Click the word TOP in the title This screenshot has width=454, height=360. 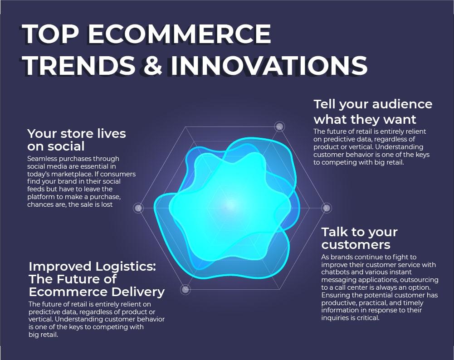click(50, 34)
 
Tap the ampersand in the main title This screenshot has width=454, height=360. click(152, 65)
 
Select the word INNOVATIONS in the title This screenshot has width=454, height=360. click(268, 65)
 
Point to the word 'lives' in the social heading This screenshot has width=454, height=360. click(112, 134)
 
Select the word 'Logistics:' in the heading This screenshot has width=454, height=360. click(125, 267)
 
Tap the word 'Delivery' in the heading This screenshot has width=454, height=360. click(138, 292)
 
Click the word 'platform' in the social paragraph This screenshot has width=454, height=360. click(40, 197)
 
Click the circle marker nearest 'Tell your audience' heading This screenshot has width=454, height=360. click(279, 126)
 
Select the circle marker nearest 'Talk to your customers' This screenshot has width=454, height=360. click(326, 208)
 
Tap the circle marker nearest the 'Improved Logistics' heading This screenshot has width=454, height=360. click(186, 289)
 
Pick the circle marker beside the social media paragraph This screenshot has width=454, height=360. click(138, 208)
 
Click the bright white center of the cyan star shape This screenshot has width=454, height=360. click(230, 204)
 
